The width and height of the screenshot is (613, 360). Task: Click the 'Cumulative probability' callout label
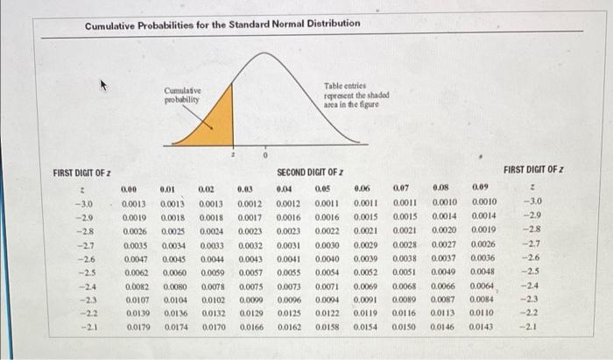(182, 95)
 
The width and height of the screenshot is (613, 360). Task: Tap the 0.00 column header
(129, 187)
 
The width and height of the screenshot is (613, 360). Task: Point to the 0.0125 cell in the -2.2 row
(288, 314)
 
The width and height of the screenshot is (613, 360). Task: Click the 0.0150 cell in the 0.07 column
(405, 327)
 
